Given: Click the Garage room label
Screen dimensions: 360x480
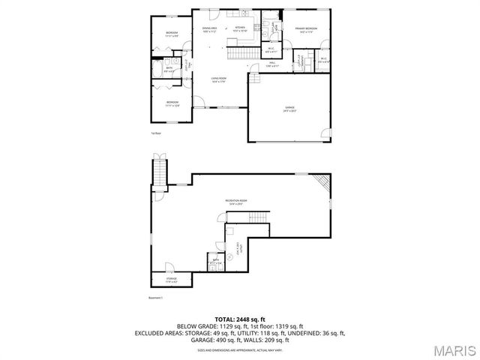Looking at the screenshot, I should coord(289,108).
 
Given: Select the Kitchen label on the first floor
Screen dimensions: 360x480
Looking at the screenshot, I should coord(240,29).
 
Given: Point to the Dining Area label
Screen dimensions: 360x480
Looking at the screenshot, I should coord(209,29).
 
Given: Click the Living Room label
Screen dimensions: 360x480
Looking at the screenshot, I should coord(218,79).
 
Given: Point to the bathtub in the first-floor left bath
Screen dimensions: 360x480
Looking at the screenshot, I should coord(158,70).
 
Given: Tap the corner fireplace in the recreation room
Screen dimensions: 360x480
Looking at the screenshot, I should coord(322,182).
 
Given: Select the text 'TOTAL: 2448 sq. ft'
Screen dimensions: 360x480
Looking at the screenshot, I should coord(240,318).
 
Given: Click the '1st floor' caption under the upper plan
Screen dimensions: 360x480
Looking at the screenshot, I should coord(156,133).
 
